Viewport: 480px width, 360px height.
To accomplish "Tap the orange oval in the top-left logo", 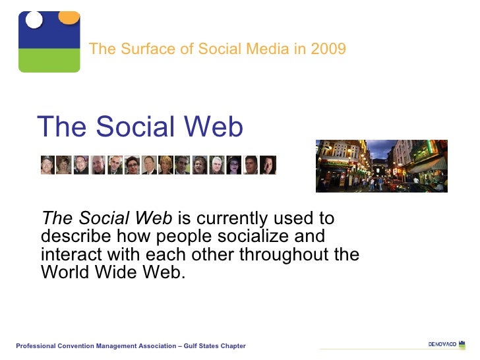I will [x=69, y=17].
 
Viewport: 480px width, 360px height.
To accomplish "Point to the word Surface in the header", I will [x=139, y=49].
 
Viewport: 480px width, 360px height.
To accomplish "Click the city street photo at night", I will [x=381, y=165].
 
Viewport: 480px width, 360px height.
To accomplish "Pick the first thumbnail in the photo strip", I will [x=47, y=165].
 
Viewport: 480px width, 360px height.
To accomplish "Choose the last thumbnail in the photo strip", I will [x=268, y=165].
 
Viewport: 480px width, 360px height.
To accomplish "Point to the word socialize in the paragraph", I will [x=249, y=236].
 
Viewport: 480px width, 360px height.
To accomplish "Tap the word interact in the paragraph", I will [x=67, y=254].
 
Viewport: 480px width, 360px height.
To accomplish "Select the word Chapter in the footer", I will [x=233, y=346].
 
